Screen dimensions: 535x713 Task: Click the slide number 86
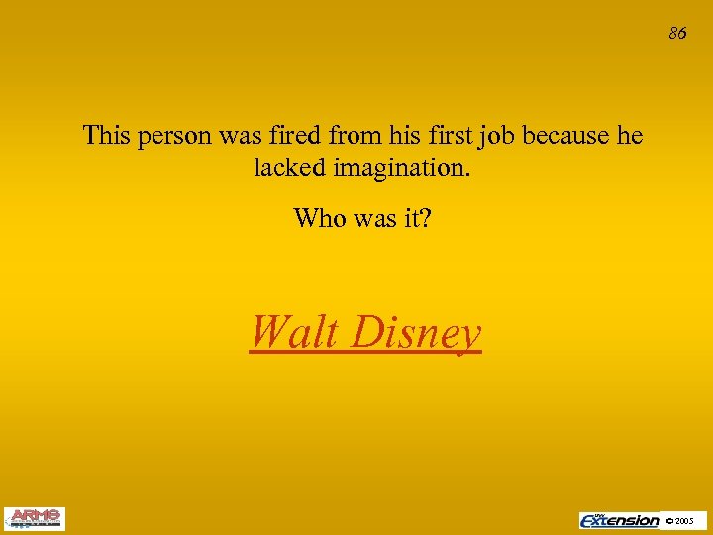[x=677, y=33]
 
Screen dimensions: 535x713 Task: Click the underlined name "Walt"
[x=294, y=332]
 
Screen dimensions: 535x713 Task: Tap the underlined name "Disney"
[x=417, y=334]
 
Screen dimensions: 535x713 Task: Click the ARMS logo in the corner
[x=34, y=518]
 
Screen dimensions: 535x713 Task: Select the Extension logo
[x=620, y=519]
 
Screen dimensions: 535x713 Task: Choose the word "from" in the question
[x=379, y=135]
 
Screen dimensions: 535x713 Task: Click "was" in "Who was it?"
[x=374, y=217]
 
